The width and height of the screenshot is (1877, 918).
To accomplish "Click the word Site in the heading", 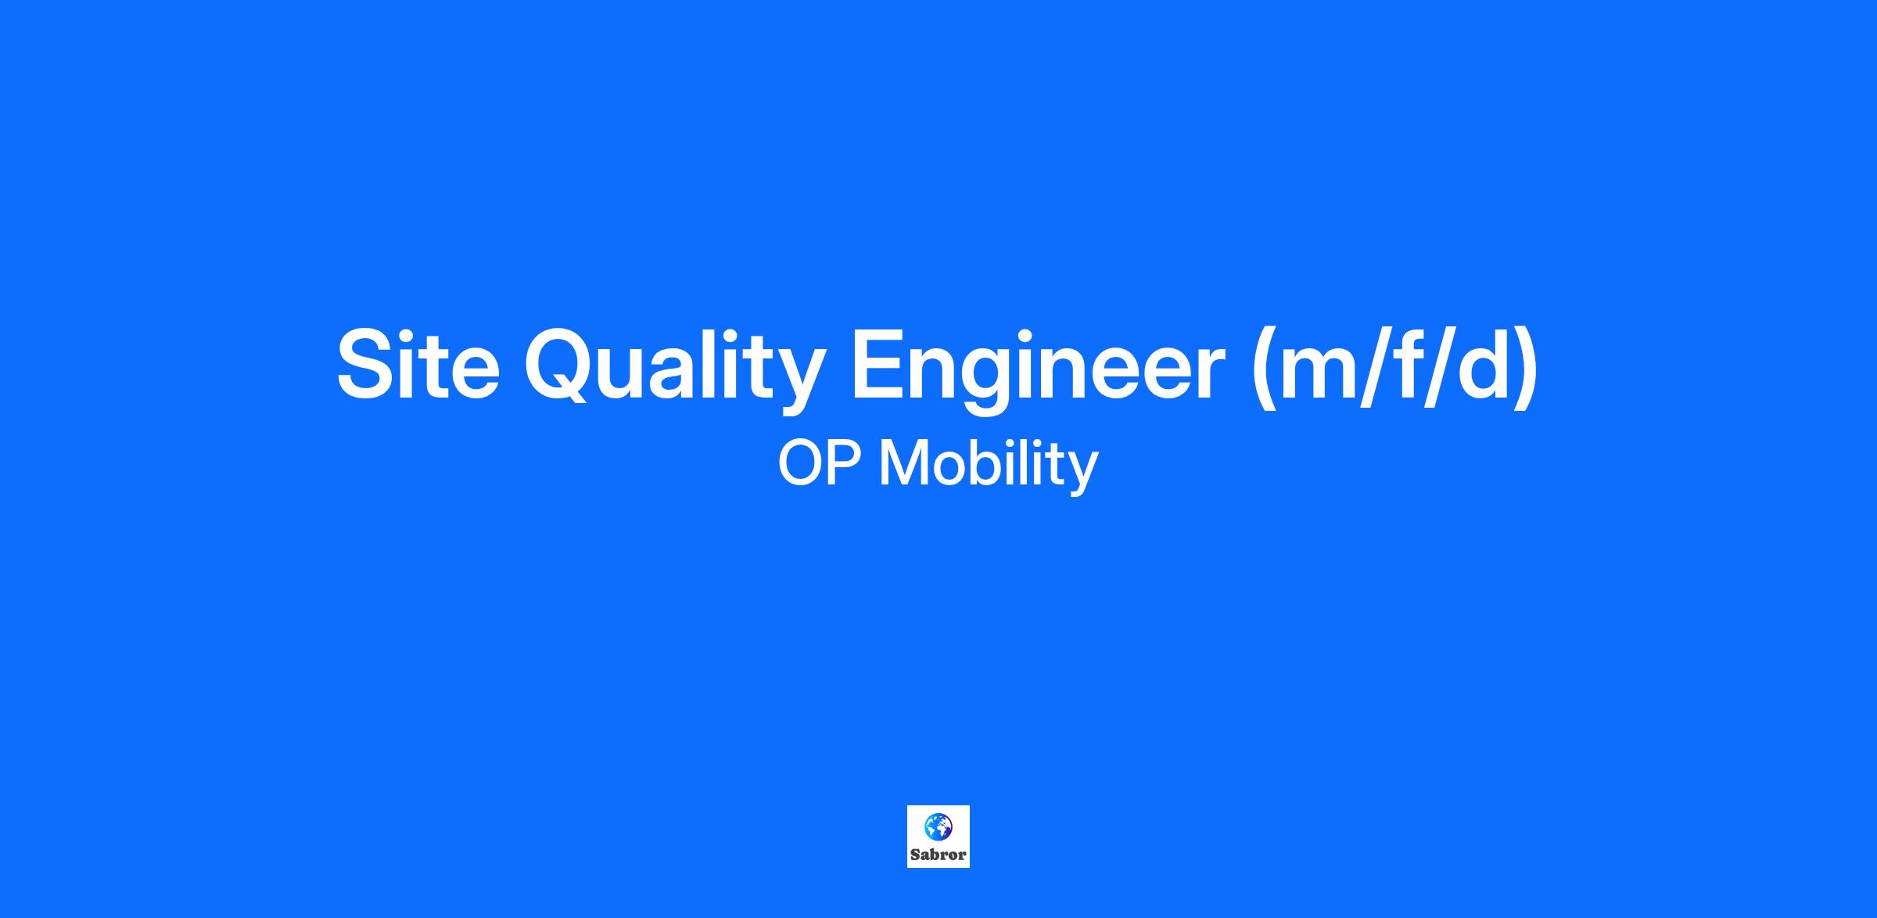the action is [x=418, y=365].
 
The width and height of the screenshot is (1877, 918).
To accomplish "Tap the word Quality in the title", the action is [x=675, y=368].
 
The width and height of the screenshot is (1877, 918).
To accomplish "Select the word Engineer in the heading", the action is [x=1038, y=368].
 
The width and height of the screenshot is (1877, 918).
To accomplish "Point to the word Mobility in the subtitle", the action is [x=989, y=464].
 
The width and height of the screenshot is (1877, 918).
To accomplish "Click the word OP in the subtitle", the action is [x=820, y=463].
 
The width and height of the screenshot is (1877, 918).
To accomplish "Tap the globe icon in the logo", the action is [x=938, y=826].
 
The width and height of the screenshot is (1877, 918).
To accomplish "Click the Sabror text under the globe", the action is [x=938, y=855].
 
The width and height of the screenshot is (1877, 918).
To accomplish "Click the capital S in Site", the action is [x=368, y=365].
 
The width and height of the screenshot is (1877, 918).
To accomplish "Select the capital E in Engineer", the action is [x=881, y=365].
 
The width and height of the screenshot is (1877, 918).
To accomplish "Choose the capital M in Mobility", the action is [x=905, y=463].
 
